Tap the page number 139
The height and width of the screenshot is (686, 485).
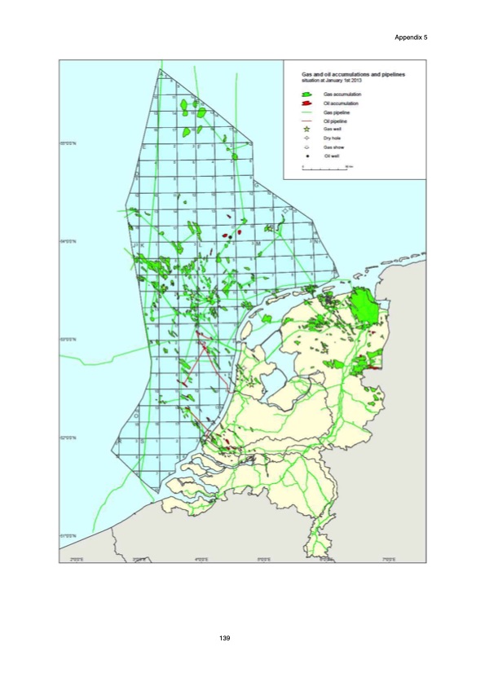[227, 636]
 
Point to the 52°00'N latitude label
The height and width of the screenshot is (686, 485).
[68, 438]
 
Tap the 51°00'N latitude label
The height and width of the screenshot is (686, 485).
[68, 535]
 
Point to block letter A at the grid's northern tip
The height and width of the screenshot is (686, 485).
[161, 73]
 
